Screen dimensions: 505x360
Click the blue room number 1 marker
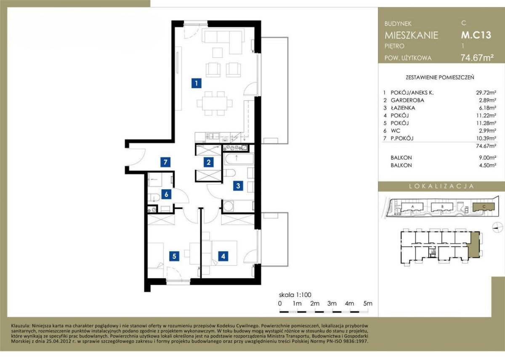197,83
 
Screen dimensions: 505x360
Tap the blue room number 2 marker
209,162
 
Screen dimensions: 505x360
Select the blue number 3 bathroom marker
238,185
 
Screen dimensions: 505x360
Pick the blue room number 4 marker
223,256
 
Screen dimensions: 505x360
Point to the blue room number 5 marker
174,256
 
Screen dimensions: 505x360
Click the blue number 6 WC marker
166,194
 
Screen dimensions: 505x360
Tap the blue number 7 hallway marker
165,162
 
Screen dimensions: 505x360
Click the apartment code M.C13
476,35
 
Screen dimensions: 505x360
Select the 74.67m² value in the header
477,58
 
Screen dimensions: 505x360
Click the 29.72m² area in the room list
486,93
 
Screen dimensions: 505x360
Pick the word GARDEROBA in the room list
407,100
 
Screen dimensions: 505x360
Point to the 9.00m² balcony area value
488,157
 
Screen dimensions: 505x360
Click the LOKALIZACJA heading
441,186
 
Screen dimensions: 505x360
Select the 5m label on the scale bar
368,303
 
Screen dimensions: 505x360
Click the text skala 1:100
295,295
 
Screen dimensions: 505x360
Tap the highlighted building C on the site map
484,207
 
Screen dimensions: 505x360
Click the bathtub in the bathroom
239,159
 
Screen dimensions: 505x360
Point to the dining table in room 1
215,103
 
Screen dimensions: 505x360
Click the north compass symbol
497,227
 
